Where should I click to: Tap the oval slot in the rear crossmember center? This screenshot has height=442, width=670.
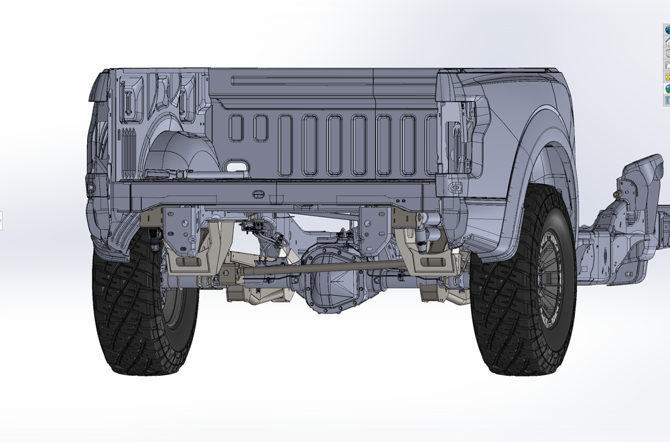pos(259,194)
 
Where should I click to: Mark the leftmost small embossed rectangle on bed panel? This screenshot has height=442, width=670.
pos(236,127)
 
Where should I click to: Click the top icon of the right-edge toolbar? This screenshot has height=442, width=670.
pos(667,29)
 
